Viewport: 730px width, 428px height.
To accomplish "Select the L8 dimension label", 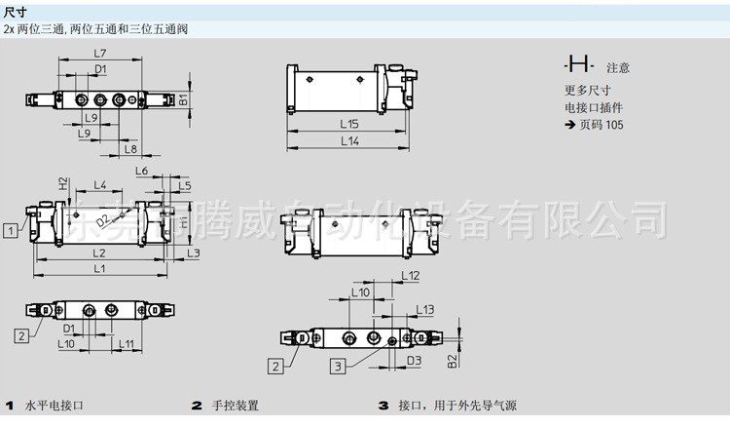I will point(131,149).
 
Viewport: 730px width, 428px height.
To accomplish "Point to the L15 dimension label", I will point(349,124).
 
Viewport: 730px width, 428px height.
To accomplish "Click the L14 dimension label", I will point(349,141).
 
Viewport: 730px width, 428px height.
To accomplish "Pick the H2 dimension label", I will point(62,183).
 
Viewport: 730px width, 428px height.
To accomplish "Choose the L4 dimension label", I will point(100,184).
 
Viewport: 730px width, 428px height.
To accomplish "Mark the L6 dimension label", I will point(142,171).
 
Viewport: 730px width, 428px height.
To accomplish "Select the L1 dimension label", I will point(100,268).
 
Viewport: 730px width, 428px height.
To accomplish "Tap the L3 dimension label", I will point(194,253).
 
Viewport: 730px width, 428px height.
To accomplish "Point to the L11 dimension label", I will point(126,343).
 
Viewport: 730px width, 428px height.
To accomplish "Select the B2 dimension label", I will point(453,361).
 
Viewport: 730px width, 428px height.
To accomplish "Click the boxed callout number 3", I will point(338,367).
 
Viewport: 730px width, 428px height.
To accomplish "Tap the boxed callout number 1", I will point(9,230).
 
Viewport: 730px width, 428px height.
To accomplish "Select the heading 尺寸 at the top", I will point(16,12).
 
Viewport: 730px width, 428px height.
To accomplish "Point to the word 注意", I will point(618,68).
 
